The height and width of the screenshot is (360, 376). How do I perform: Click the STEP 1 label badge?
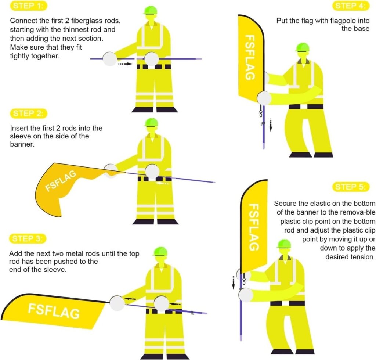coord(29,6)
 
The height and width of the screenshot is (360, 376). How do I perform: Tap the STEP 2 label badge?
coord(29,114)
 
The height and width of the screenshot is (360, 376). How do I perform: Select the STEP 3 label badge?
coord(28,239)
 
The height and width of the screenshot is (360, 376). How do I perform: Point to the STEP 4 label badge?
coord(351,6)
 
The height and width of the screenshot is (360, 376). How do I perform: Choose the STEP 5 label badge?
coord(351,187)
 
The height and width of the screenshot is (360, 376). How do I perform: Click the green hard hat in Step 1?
coord(151,10)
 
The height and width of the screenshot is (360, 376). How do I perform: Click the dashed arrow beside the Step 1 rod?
coord(126,64)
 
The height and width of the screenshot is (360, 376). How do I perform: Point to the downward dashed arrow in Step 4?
coord(271,125)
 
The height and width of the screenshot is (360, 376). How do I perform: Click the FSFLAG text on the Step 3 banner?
coord(54,311)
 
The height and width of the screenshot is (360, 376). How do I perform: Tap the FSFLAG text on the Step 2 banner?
coord(61,181)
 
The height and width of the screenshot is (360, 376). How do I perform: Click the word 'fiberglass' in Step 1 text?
coord(85,21)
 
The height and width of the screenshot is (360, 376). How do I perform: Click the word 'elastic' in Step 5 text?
coord(320,204)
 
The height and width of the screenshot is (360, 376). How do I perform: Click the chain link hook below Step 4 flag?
coord(260,112)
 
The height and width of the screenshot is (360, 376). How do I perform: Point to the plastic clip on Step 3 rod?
coord(192,313)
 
